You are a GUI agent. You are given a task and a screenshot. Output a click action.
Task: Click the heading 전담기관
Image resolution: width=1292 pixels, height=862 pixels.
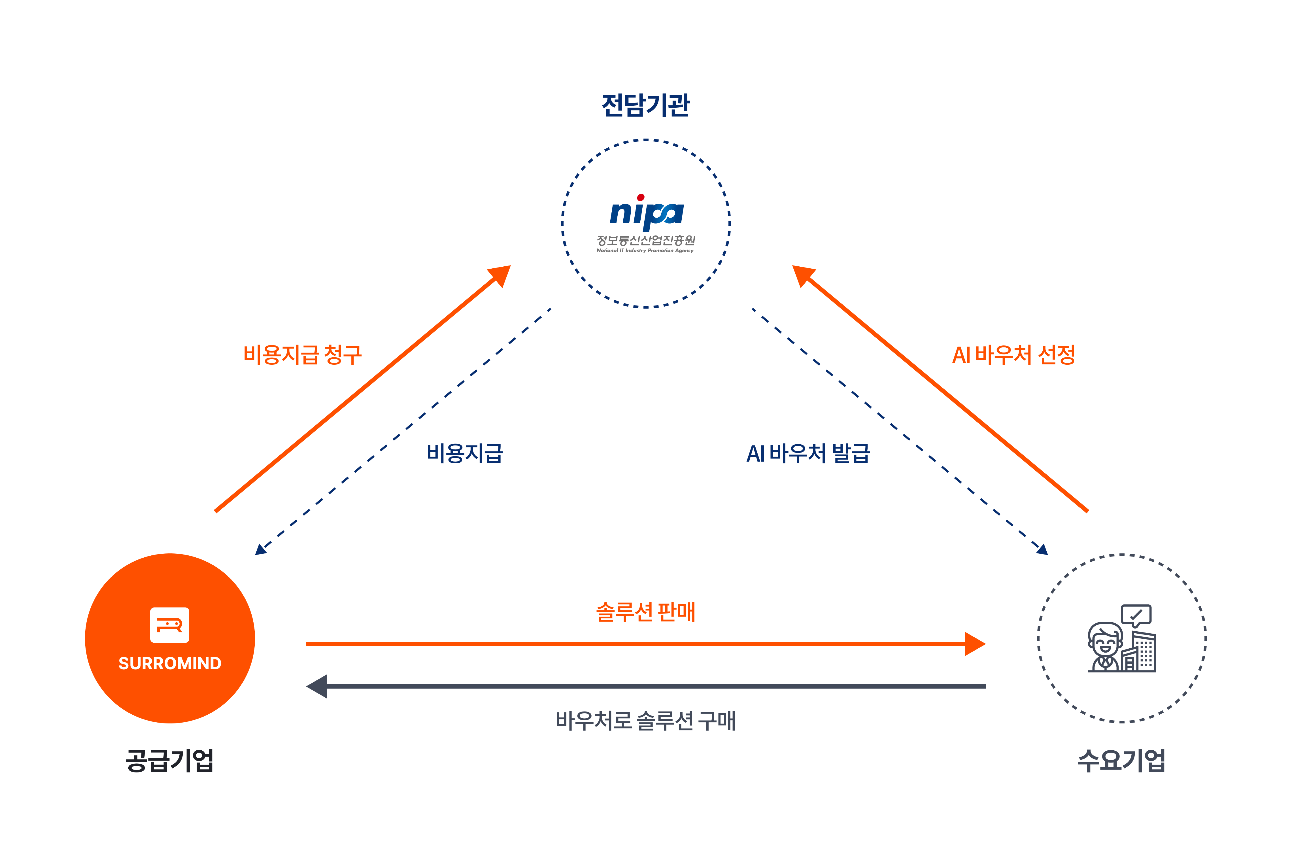tap(646, 105)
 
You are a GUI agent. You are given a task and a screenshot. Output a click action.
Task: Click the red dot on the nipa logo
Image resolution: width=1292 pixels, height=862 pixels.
tap(641, 197)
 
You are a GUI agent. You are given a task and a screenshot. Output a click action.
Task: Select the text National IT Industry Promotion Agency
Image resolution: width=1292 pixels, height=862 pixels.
tap(645, 251)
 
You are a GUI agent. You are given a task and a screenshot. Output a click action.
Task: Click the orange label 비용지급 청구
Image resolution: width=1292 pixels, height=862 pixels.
tap(302, 354)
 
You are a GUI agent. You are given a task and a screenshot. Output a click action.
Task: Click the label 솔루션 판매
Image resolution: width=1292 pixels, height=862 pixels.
tap(646, 612)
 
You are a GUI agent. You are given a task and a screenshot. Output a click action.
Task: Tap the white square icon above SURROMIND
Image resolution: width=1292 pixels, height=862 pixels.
tap(170, 625)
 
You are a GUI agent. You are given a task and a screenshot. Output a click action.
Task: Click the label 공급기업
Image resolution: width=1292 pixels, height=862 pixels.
tap(170, 761)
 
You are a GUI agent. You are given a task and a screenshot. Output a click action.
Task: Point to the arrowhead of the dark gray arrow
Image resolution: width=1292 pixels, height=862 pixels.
tap(317, 686)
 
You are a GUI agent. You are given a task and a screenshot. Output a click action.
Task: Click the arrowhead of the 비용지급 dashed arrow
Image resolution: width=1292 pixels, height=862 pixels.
tap(260, 549)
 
